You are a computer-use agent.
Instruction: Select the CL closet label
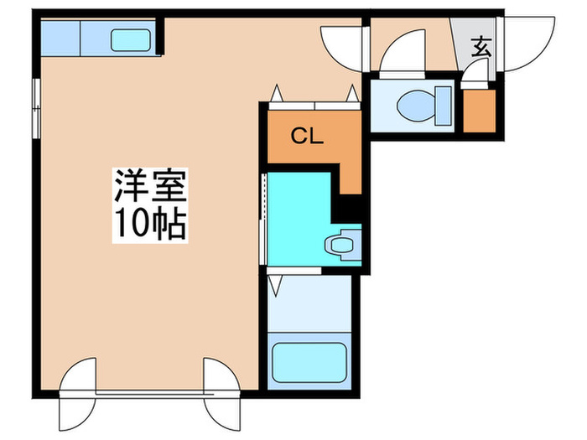coord(307,137)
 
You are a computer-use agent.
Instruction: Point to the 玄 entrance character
coord(481,48)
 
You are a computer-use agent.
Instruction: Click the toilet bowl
coord(415,105)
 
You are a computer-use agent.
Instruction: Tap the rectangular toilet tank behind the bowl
coord(444,106)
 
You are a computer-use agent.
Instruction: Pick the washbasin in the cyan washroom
coord(341,245)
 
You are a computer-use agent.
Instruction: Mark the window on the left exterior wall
coord(35,106)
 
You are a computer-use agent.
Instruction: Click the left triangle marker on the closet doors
coord(275,93)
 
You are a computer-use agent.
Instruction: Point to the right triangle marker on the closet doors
coord(352,91)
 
